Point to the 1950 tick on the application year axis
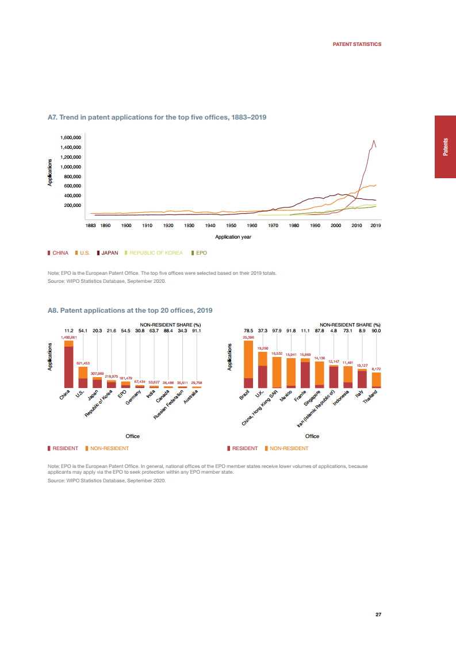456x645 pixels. [231, 226]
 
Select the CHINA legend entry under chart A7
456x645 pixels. [58, 253]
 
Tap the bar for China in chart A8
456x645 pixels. [68, 365]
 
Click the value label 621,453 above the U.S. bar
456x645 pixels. [83, 363]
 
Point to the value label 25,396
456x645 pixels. [248, 337]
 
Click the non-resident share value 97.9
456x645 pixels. [277, 331]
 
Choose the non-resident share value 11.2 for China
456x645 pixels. [68, 331]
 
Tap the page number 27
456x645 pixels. [378, 615]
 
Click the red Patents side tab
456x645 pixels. [445, 147]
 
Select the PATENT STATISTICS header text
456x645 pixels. [357, 44]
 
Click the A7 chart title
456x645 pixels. [156, 117]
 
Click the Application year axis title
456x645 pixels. [233, 237]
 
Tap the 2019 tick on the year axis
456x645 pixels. [375, 226]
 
